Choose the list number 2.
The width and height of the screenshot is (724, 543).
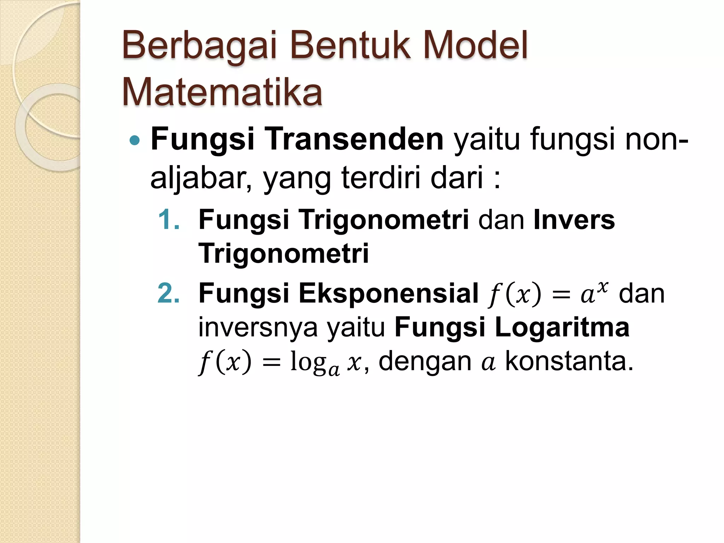click(168, 293)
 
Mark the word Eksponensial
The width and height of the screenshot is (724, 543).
click(389, 293)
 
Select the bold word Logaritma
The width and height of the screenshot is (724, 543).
click(562, 327)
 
